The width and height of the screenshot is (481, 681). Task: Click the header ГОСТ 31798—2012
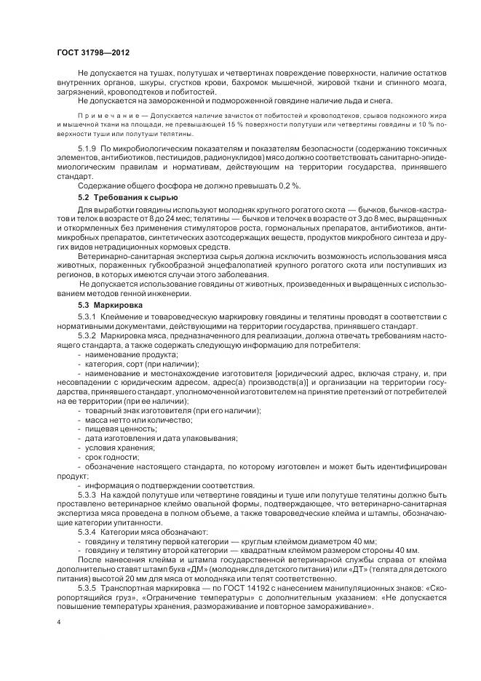pos(88,52)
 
